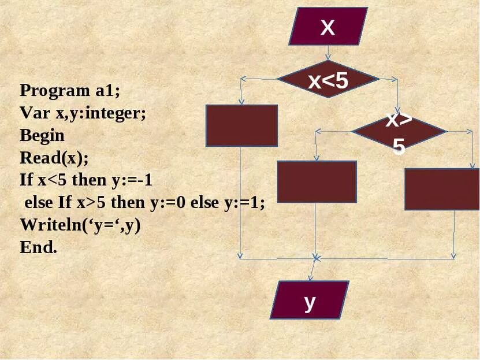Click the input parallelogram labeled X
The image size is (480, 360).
click(x=328, y=26)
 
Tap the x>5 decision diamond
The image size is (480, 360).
click(x=399, y=132)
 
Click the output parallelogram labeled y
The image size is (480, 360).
click(x=310, y=300)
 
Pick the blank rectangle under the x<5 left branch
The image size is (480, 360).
click(x=242, y=125)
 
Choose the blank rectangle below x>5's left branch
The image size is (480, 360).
click(x=317, y=181)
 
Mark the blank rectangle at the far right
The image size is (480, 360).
click(x=442, y=189)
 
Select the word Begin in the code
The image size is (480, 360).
click(x=42, y=136)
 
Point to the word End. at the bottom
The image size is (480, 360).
click(x=39, y=247)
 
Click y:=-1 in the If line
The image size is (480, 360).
click(x=134, y=180)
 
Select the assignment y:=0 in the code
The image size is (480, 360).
click(x=168, y=203)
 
